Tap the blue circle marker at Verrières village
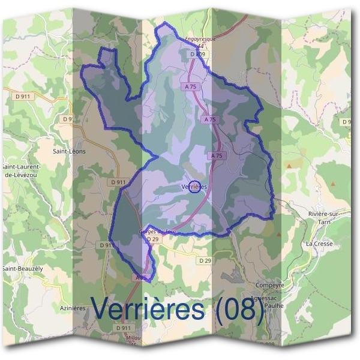point(194,187)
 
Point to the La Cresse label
point(319,244)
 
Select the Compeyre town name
point(269,285)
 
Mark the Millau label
point(133,338)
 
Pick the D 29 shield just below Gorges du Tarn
point(154,239)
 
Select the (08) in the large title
point(238,310)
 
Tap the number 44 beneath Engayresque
point(200,47)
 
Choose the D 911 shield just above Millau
point(122,328)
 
